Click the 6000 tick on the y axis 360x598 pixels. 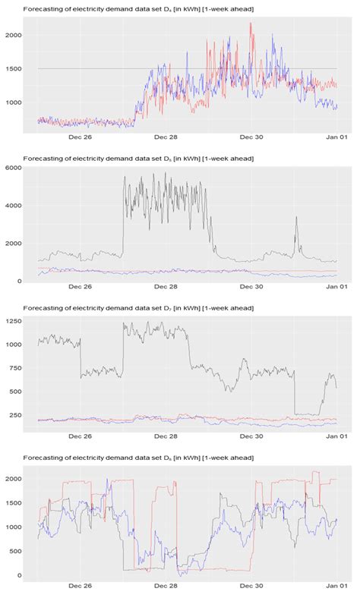click(x=13, y=168)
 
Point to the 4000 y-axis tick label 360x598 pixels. click(x=13, y=206)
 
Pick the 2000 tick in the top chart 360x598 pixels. click(x=13, y=36)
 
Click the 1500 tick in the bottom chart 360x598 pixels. click(x=13, y=502)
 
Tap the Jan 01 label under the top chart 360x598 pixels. click(x=336, y=138)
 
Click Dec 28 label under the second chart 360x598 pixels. click(x=166, y=287)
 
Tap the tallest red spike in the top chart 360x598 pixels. click(x=251, y=24)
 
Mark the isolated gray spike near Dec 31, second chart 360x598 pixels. click(x=296, y=218)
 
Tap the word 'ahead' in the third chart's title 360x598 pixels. click(x=242, y=307)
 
